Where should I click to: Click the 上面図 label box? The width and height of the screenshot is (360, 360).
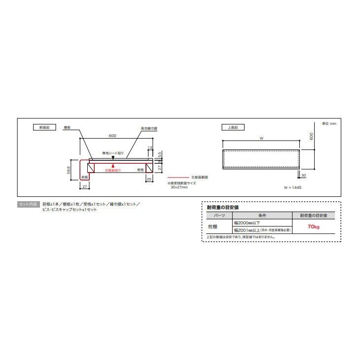(233, 127)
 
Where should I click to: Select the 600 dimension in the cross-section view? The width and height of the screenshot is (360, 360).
(113, 136)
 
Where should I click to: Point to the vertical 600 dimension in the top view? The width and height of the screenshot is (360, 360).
(312, 136)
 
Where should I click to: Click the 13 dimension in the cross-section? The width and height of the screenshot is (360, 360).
(150, 147)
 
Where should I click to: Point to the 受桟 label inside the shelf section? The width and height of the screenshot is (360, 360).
(141, 170)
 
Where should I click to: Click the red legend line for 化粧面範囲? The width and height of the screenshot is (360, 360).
(179, 177)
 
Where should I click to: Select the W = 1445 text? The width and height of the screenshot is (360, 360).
(292, 188)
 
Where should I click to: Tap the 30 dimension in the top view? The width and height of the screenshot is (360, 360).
(304, 176)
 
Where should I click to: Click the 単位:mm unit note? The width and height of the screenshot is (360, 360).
(329, 123)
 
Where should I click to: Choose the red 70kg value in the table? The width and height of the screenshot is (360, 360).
(313, 227)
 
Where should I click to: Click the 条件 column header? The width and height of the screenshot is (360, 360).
(261, 216)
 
